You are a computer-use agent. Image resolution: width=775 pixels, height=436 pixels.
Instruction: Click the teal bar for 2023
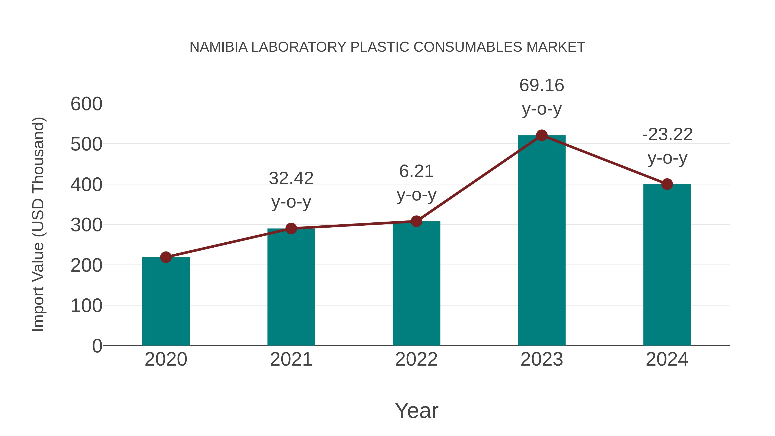pyautogui.click(x=542, y=241)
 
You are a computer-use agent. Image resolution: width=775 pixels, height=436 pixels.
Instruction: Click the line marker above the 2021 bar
pyautogui.click(x=291, y=229)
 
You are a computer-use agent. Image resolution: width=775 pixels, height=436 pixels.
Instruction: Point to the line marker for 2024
pyautogui.click(x=667, y=184)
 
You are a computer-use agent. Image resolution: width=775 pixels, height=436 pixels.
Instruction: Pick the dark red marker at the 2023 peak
pyautogui.click(x=542, y=135)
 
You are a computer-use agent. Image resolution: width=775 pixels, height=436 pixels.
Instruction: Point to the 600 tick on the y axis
pyautogui.click(x=86, y=104)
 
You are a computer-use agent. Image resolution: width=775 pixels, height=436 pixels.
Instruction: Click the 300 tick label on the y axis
pyautogui.click(x=86, y=225)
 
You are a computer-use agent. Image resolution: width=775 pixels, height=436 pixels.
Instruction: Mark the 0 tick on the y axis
pyautogui.click(x=97, y=346)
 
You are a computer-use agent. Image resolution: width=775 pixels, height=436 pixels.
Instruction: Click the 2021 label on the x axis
pyautogui.click(x=291, y=359)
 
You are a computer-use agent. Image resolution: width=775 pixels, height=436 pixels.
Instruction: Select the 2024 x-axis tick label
pyautogui.click(x=667, y=359)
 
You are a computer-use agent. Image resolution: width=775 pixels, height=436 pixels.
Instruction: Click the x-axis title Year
pyautogui.click(x=416, y=410)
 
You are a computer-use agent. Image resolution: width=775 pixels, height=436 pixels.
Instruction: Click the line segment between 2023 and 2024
pyautogui.click(x=604, y=160)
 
